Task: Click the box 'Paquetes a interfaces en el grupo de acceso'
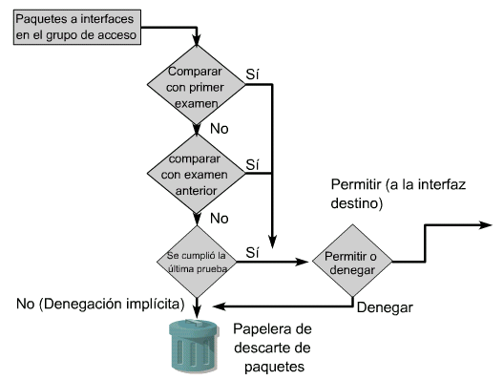(x=77, y=27)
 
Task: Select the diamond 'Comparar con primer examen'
(x=196, y=85)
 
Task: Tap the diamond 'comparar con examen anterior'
(x=196, y=174)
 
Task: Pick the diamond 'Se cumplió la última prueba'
(x=197, y=262)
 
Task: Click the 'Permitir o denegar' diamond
(x=352, y=261)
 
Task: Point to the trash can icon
(x=194, y=346)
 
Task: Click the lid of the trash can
(x=194, y=327)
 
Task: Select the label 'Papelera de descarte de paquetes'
(x=273, y=348)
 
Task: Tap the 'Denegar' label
(x=385, y=307)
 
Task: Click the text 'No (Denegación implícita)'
(x=100, y=304)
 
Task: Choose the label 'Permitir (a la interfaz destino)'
(x=398, y=194)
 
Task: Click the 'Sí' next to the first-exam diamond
(x=252, y=74)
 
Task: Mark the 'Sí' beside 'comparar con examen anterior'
(x=252, y=164)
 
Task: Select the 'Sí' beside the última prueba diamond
(x=252, y=252)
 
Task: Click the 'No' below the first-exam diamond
(x=220, y=129)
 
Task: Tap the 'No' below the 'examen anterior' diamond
(x=220, y=219)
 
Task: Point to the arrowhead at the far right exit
(x=486, y=225)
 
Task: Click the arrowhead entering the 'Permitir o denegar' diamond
(x=303, y=262)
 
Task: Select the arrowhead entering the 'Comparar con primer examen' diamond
(x=196, y=40)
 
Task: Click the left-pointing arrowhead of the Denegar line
(x=220, y=306)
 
